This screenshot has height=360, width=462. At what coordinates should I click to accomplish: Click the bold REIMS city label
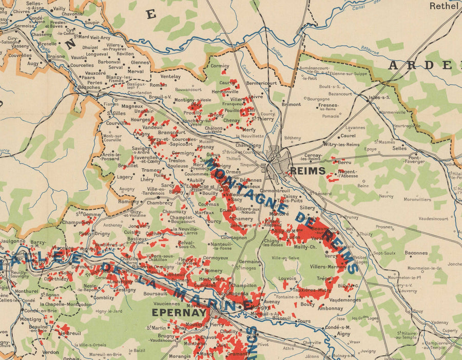point(307,171)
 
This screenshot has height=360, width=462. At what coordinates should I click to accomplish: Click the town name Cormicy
point(220,66)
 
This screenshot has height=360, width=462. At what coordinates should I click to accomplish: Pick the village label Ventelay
point(171,76)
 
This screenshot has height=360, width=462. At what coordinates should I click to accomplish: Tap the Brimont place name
point(291,104)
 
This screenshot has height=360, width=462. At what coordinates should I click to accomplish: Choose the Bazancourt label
point(340,94)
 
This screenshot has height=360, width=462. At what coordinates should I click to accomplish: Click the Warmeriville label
point(392,112)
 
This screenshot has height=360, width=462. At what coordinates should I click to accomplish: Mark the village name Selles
point(399,148)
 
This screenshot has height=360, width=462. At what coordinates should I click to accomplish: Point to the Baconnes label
point(416,253)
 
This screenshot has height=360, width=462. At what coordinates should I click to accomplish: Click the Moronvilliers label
point(417,199)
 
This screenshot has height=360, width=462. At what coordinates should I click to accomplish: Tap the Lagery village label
point(124,177)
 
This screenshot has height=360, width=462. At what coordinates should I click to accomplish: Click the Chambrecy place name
point(160,203)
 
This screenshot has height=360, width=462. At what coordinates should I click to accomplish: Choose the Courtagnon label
point(234,237)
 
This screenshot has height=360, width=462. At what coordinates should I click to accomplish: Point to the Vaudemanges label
point(345,300)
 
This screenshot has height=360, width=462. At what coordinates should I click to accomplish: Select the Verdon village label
point(50,353)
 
